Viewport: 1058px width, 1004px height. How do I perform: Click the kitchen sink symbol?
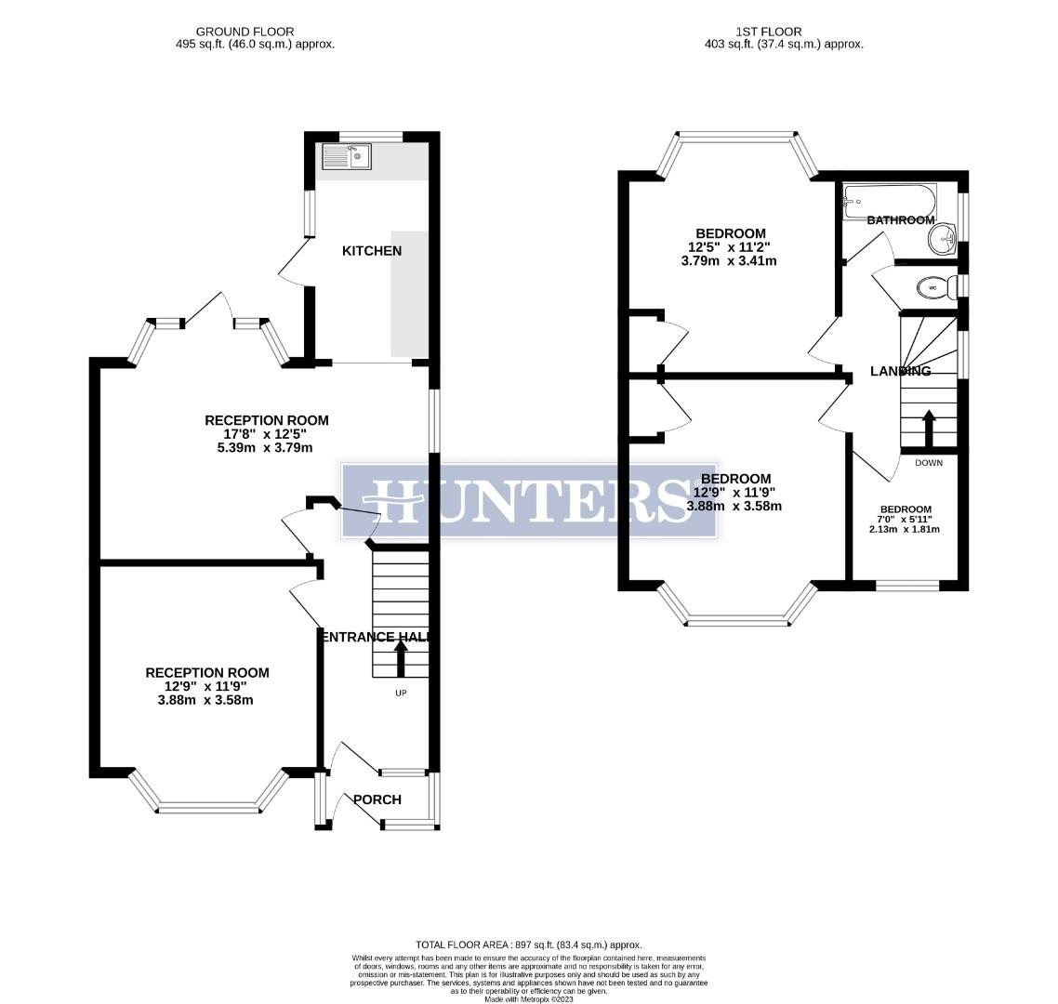346,156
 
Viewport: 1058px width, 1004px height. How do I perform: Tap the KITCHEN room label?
372,251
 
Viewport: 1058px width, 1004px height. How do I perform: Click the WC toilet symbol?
932,288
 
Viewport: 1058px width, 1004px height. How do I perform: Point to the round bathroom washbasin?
943,239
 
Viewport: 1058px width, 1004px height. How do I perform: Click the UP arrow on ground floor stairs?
402,659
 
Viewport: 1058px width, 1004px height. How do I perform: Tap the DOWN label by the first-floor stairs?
928,463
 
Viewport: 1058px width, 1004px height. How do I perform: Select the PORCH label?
377,799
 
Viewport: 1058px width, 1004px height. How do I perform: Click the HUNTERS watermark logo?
529,500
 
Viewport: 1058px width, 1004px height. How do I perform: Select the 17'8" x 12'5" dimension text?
267,434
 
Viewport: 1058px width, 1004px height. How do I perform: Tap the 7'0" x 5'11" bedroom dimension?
906,520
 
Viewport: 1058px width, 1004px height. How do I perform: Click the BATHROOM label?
900,220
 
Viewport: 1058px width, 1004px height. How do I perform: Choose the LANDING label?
900,371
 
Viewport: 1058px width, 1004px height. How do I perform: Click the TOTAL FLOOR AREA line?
529,945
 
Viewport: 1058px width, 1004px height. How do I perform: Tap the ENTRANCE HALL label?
373,637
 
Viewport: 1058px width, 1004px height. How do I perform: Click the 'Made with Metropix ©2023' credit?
529,998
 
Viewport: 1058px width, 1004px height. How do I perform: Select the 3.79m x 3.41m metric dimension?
729,261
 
